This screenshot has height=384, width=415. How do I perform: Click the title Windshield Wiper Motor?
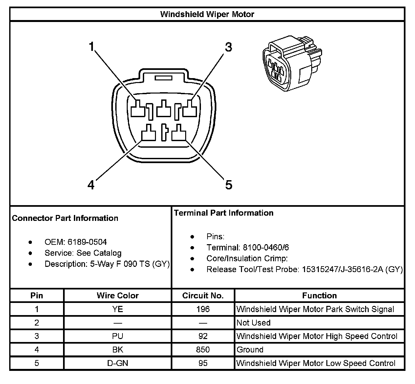coord(207,14)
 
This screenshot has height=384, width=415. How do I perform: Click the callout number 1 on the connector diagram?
coord(92,47)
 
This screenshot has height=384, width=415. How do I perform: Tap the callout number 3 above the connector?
coord(228,47)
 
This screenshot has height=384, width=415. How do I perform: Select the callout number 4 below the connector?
coord(91,185)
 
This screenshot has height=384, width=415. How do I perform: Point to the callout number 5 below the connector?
coord(229,185)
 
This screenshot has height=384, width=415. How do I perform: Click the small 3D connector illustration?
coord(292,64)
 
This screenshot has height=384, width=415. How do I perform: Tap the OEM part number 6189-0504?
coord(87,242)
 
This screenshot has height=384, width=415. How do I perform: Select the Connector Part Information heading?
coord(65,218)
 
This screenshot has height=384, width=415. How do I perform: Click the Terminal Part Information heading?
coord(224,213)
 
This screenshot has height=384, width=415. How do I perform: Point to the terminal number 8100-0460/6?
coord(266,247)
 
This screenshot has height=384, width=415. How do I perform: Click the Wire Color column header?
coord(118,295)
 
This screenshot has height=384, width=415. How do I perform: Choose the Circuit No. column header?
coord(203,295)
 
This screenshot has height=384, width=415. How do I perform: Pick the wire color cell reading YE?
coord(118,309)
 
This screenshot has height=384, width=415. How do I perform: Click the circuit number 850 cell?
coord(203,350)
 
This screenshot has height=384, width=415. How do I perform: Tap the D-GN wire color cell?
coord(118,363)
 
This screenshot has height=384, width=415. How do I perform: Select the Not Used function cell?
coord(253,323)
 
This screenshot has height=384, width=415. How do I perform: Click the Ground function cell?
coord(250,350)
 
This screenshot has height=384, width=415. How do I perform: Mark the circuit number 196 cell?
coord(203,309)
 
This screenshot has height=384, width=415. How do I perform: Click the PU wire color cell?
coord(118,336)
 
